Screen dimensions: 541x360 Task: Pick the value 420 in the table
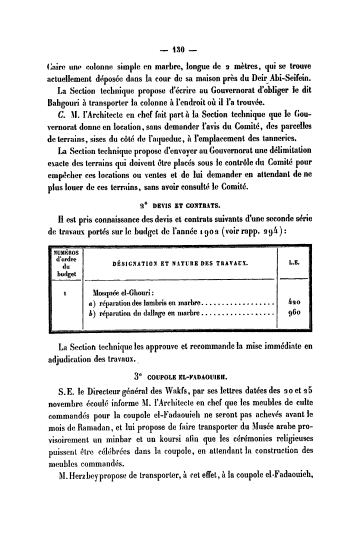click(294, 303)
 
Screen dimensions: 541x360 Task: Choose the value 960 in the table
click(294, 313)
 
